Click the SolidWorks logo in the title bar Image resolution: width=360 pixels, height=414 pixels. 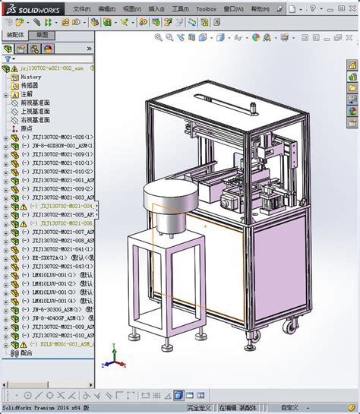[x=26, y=8]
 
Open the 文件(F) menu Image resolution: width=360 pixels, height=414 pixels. [x=81, y=8]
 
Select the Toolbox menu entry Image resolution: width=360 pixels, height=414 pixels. [x=207, y=8]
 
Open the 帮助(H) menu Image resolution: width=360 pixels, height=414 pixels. [x=261, y=8]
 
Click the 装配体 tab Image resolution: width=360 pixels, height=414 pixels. [x=15, y=35]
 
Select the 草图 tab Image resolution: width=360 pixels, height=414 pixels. [x=42, y=35]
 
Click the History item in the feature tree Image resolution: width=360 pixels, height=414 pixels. [x=31, y=77]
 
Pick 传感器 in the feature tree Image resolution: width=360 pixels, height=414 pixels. [x=30, y=85]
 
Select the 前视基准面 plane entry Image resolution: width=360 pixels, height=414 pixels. [x=35, y=103]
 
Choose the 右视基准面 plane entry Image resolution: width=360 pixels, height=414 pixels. [x=35, y=120]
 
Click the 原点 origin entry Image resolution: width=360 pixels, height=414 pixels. [x=27, y=128]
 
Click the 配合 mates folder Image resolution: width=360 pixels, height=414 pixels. [x=27, y=352]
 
